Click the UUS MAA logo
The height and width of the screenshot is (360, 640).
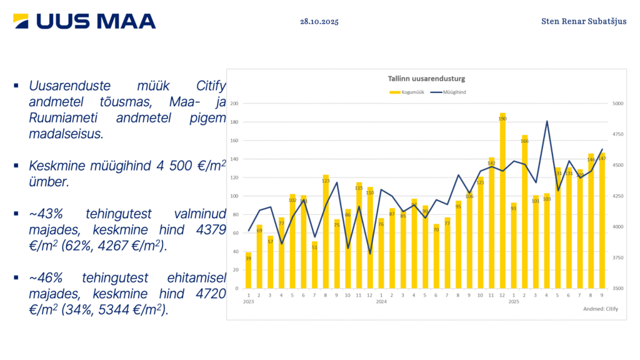84,21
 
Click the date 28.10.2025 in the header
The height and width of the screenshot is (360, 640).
319,21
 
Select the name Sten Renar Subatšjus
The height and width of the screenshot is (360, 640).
584,21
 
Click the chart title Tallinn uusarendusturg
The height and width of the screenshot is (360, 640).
422,79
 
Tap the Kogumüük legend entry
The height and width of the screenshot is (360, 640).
407,92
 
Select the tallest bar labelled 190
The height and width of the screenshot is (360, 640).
502,200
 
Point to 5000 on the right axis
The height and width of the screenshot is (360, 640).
617,104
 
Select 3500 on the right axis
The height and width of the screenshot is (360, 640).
617,289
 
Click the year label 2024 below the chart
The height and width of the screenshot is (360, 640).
381,302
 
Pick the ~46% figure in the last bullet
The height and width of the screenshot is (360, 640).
45,277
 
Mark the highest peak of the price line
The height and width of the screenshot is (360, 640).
547,121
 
